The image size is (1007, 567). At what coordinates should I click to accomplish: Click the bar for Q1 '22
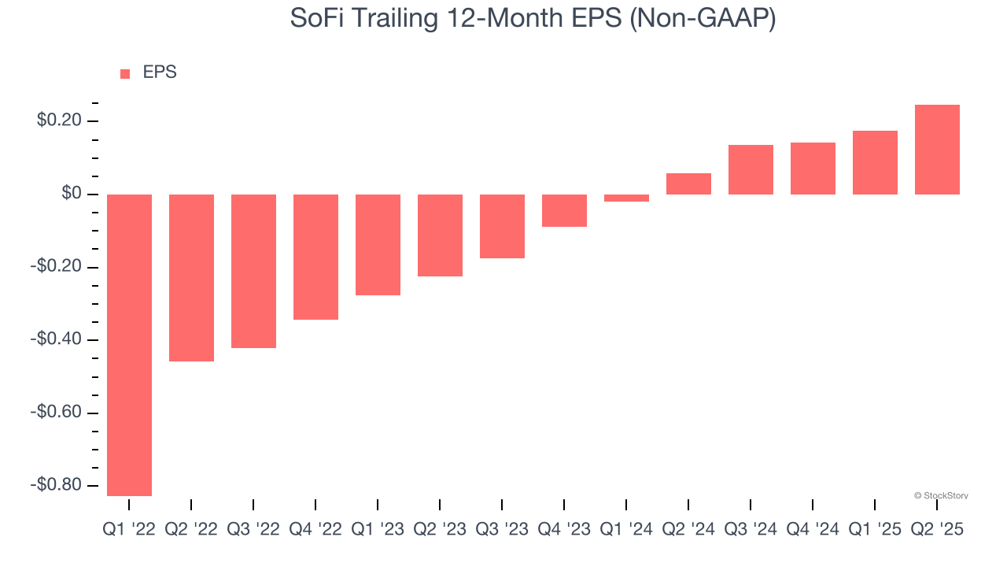[x=129, y=345]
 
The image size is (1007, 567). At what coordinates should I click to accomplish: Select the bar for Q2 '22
[x=191, y=278]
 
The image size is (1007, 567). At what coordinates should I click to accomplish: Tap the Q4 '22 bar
[x=315, y=257]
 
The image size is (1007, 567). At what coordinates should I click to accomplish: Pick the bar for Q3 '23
[x=502, y=226]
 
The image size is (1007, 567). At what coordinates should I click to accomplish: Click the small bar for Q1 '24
[x=626, y=198]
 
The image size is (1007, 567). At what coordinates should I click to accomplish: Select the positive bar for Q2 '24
[x=688, y=184]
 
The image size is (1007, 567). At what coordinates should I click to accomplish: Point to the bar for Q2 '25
[x=937, y=150]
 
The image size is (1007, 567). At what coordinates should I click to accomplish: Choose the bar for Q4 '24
[x=813, y=169]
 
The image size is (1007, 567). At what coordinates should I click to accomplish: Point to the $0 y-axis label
[x=72, y=194]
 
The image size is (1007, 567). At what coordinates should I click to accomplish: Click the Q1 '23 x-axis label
[x=378, y=530]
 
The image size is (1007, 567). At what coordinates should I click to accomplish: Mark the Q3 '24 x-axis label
[x=751, y=530]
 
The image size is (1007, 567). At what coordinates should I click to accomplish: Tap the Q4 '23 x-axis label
[x=564, y=530]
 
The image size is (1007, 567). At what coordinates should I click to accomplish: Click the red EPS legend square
[x=125, y=74]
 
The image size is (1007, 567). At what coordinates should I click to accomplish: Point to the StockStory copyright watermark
[x=941, y=496]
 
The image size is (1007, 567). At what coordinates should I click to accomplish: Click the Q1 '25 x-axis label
[x=875, y=530]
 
